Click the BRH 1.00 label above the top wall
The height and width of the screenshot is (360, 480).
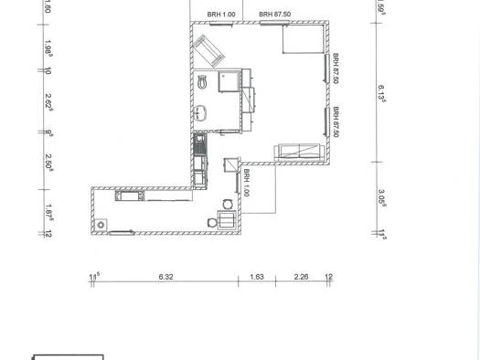tap(221, 15)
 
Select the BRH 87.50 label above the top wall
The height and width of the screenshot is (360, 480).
tap(275, 15)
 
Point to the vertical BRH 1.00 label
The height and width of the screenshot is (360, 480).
tap(247, 183)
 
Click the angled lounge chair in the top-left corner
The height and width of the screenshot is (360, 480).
tap(208, 48)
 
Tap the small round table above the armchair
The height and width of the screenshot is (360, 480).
tap(225, 203)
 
